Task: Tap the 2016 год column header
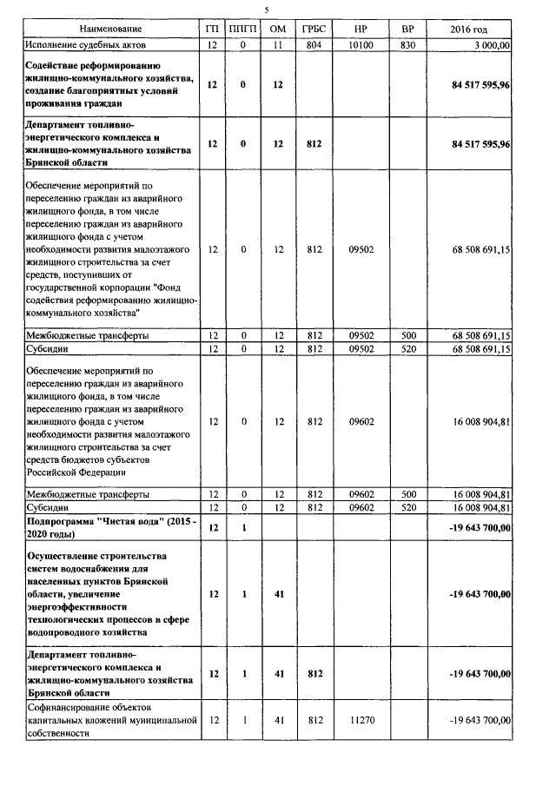(474, 30)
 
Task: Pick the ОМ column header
(278, 30)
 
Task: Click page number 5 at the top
(267, 9)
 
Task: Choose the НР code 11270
(361, 721)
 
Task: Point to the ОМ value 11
(278, 43)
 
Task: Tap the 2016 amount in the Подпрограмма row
(480, 526)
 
